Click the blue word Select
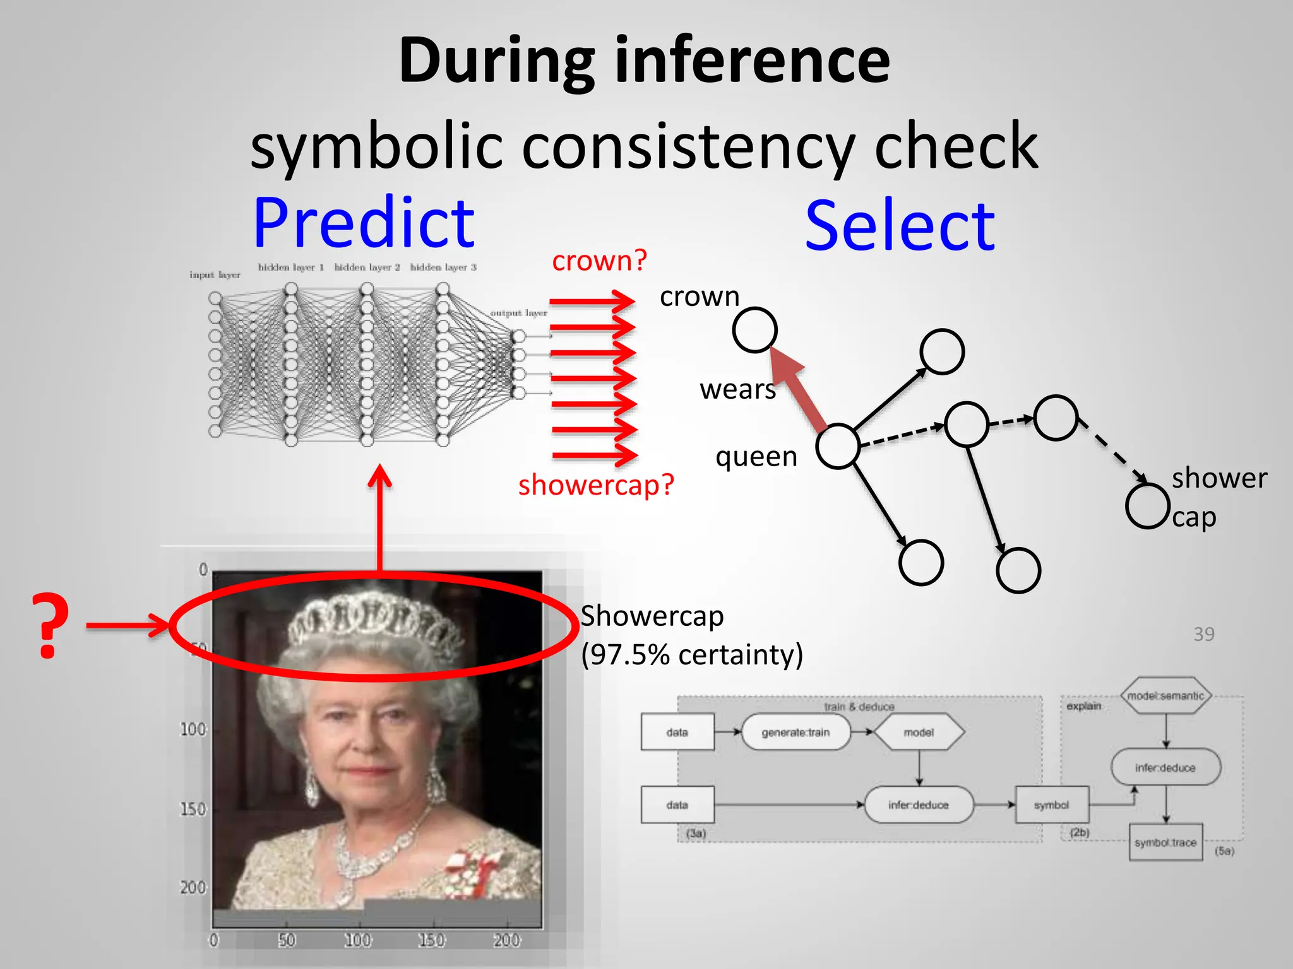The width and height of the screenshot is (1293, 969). (900, 226)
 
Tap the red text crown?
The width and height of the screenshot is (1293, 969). (599, 261)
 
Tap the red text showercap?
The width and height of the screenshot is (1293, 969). (596, 485)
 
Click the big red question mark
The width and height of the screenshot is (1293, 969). (51, 626)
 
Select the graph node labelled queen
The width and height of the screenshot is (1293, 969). (837, 446)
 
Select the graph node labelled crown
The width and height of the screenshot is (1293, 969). (754, 329)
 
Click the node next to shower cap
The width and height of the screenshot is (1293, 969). (1147, 505)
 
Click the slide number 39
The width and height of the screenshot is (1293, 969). (1203, 634)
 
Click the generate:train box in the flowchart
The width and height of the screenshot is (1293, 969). (795, 732)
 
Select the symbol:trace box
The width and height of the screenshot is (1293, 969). (1165, 842)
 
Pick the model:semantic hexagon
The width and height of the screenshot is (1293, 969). (1165, 696)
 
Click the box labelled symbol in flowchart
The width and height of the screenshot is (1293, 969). (1051, 805)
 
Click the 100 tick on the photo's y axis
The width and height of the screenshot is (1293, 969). (193, 730)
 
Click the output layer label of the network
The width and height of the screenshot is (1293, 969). (518, 313)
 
